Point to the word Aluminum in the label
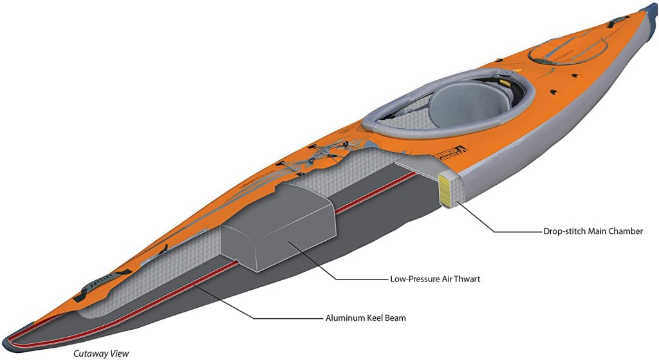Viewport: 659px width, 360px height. (344, 317)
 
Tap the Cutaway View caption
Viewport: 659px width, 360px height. (101, 353)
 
